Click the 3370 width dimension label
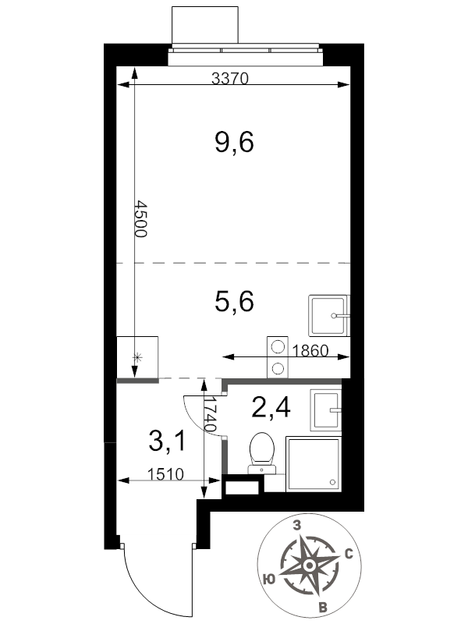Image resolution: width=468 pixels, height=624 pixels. pos(229,79)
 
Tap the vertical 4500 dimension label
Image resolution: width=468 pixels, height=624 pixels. pos(141,218)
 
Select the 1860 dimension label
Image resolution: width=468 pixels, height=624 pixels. pos(310,350)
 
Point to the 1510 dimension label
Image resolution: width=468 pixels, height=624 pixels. pos(165,474)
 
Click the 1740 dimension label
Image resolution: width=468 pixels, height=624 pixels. pos(210,415)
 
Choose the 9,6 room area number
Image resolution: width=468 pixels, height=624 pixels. pos(234,142)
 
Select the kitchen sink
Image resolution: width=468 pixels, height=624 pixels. pos(328,316)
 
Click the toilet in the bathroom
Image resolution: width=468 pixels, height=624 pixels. pos(262,454)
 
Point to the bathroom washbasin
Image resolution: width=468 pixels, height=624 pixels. pos(326,410)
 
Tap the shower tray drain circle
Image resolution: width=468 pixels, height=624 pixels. pos(333,482)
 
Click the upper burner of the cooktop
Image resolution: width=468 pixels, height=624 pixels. pos(277,346)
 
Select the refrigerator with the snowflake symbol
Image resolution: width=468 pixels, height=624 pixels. pos(138,357)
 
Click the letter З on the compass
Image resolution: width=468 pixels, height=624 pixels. pos(297,526)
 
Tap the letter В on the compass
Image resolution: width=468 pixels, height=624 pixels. pos(323,608)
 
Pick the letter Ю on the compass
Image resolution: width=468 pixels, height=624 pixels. pos(269,579)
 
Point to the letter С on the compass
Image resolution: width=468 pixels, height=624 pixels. pos(349,554)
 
